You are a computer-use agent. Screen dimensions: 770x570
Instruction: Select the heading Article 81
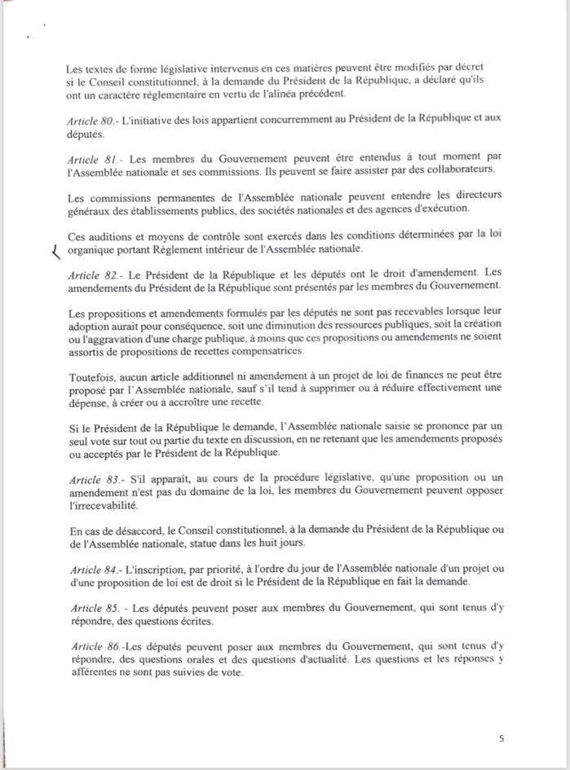coord(90,158)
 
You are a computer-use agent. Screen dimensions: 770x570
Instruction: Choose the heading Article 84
coord(90,568)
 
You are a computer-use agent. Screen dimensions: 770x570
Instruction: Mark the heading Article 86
coord(90,646)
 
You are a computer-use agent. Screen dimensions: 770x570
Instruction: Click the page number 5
coord(502,739)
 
